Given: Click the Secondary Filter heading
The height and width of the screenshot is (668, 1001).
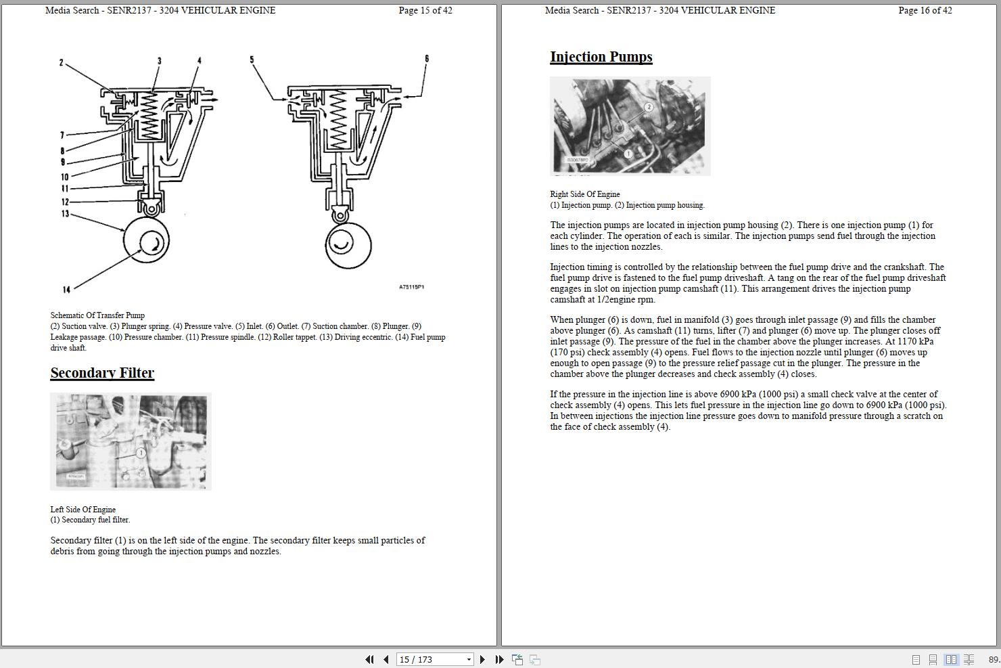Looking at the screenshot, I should [102, 373].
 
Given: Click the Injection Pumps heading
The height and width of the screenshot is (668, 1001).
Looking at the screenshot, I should [601, 57].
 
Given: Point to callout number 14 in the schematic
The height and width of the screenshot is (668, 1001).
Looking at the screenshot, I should [66, 290].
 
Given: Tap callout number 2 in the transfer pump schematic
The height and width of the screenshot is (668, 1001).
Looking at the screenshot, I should [61, 63].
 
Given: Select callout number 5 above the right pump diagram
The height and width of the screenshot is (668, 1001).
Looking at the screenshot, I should [252, 60].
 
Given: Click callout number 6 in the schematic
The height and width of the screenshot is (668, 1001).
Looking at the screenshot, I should [427, 59].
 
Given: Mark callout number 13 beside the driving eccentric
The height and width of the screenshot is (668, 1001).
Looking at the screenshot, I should [66, 214].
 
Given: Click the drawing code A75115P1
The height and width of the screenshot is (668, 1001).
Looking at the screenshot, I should [411, 287].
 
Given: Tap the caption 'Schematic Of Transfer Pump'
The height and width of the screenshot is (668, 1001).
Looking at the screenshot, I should [97, 315].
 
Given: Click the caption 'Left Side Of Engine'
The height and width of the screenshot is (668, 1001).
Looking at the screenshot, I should [83, 510].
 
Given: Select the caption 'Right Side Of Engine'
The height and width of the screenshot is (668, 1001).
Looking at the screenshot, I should [584, 194].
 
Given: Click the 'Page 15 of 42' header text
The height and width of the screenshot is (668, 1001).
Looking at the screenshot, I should [425, 10].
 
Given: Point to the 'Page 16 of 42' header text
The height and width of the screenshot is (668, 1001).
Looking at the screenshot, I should [925, 10].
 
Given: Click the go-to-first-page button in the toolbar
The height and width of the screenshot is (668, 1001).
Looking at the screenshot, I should [369, 659].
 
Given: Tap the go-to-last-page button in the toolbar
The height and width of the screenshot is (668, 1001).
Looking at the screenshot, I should [499, 659].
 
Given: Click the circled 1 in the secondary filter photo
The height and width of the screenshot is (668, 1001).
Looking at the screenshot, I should [141, 453].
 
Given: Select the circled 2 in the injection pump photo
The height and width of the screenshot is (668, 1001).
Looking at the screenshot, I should [649, 107].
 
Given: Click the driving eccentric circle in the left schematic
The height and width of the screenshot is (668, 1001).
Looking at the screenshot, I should [146, 240].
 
